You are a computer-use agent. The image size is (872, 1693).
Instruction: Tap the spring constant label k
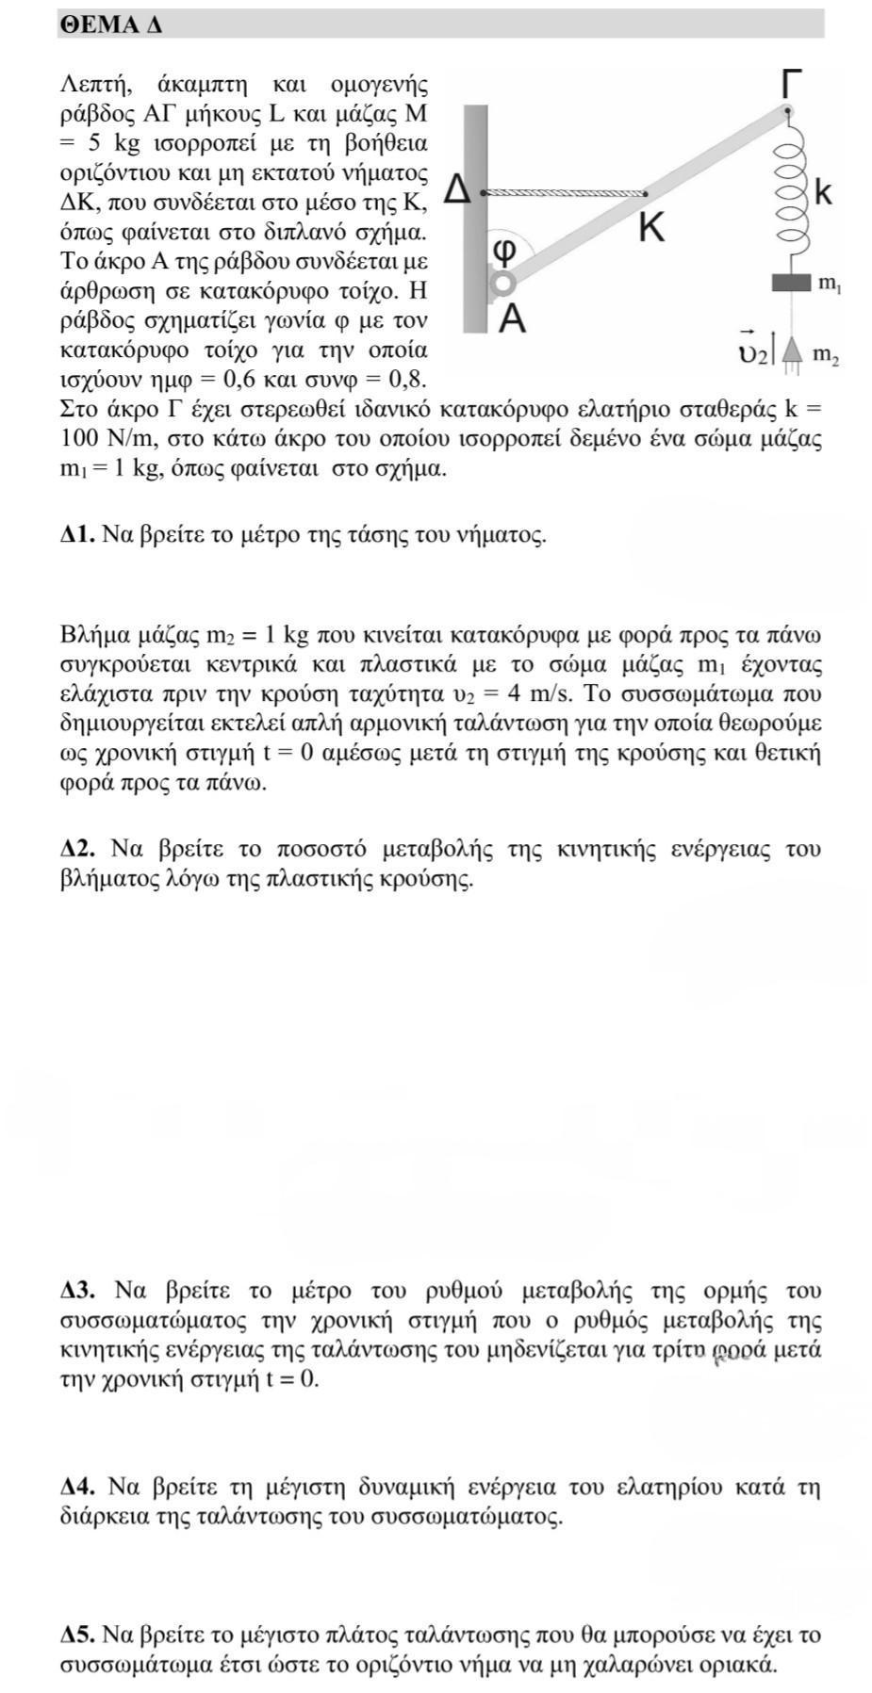pos(823,194)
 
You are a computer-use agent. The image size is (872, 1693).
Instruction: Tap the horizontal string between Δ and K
pos(566,192)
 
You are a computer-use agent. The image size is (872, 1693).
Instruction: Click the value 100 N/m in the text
pos(102,438)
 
